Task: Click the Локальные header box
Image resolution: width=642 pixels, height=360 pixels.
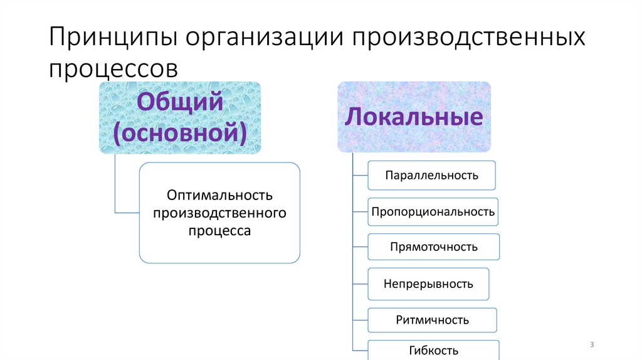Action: pos(414,117)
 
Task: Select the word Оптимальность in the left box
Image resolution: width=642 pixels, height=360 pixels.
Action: pos(219,195)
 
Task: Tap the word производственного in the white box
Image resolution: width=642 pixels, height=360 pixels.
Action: pos(219,213)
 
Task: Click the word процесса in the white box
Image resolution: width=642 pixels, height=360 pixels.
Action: pos(219,231)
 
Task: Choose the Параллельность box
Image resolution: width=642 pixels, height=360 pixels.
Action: pos(431,175)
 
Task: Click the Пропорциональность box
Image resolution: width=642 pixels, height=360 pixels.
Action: pos(433,211)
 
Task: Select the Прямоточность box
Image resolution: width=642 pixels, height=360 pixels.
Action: pos(433,246)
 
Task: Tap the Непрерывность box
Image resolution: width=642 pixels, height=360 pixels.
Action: pos(428,283)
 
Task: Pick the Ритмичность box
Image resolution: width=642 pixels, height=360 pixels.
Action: pos(432,320)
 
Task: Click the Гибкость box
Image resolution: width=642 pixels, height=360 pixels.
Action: pos(433,350)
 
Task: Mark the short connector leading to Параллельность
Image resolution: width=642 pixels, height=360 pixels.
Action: pos(360,176)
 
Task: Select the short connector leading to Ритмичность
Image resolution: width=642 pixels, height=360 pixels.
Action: pos(360,320)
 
